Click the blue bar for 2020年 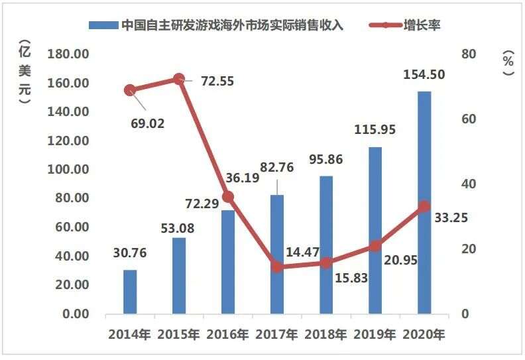[424, 202]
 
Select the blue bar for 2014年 [130, 292]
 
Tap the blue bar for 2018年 [326, 245]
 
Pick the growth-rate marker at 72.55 [179, 80]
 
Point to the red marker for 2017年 [277, 267]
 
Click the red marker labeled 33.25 [424, 207]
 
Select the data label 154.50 [424, 74]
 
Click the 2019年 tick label [375, 333]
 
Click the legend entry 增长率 [422, 25]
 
